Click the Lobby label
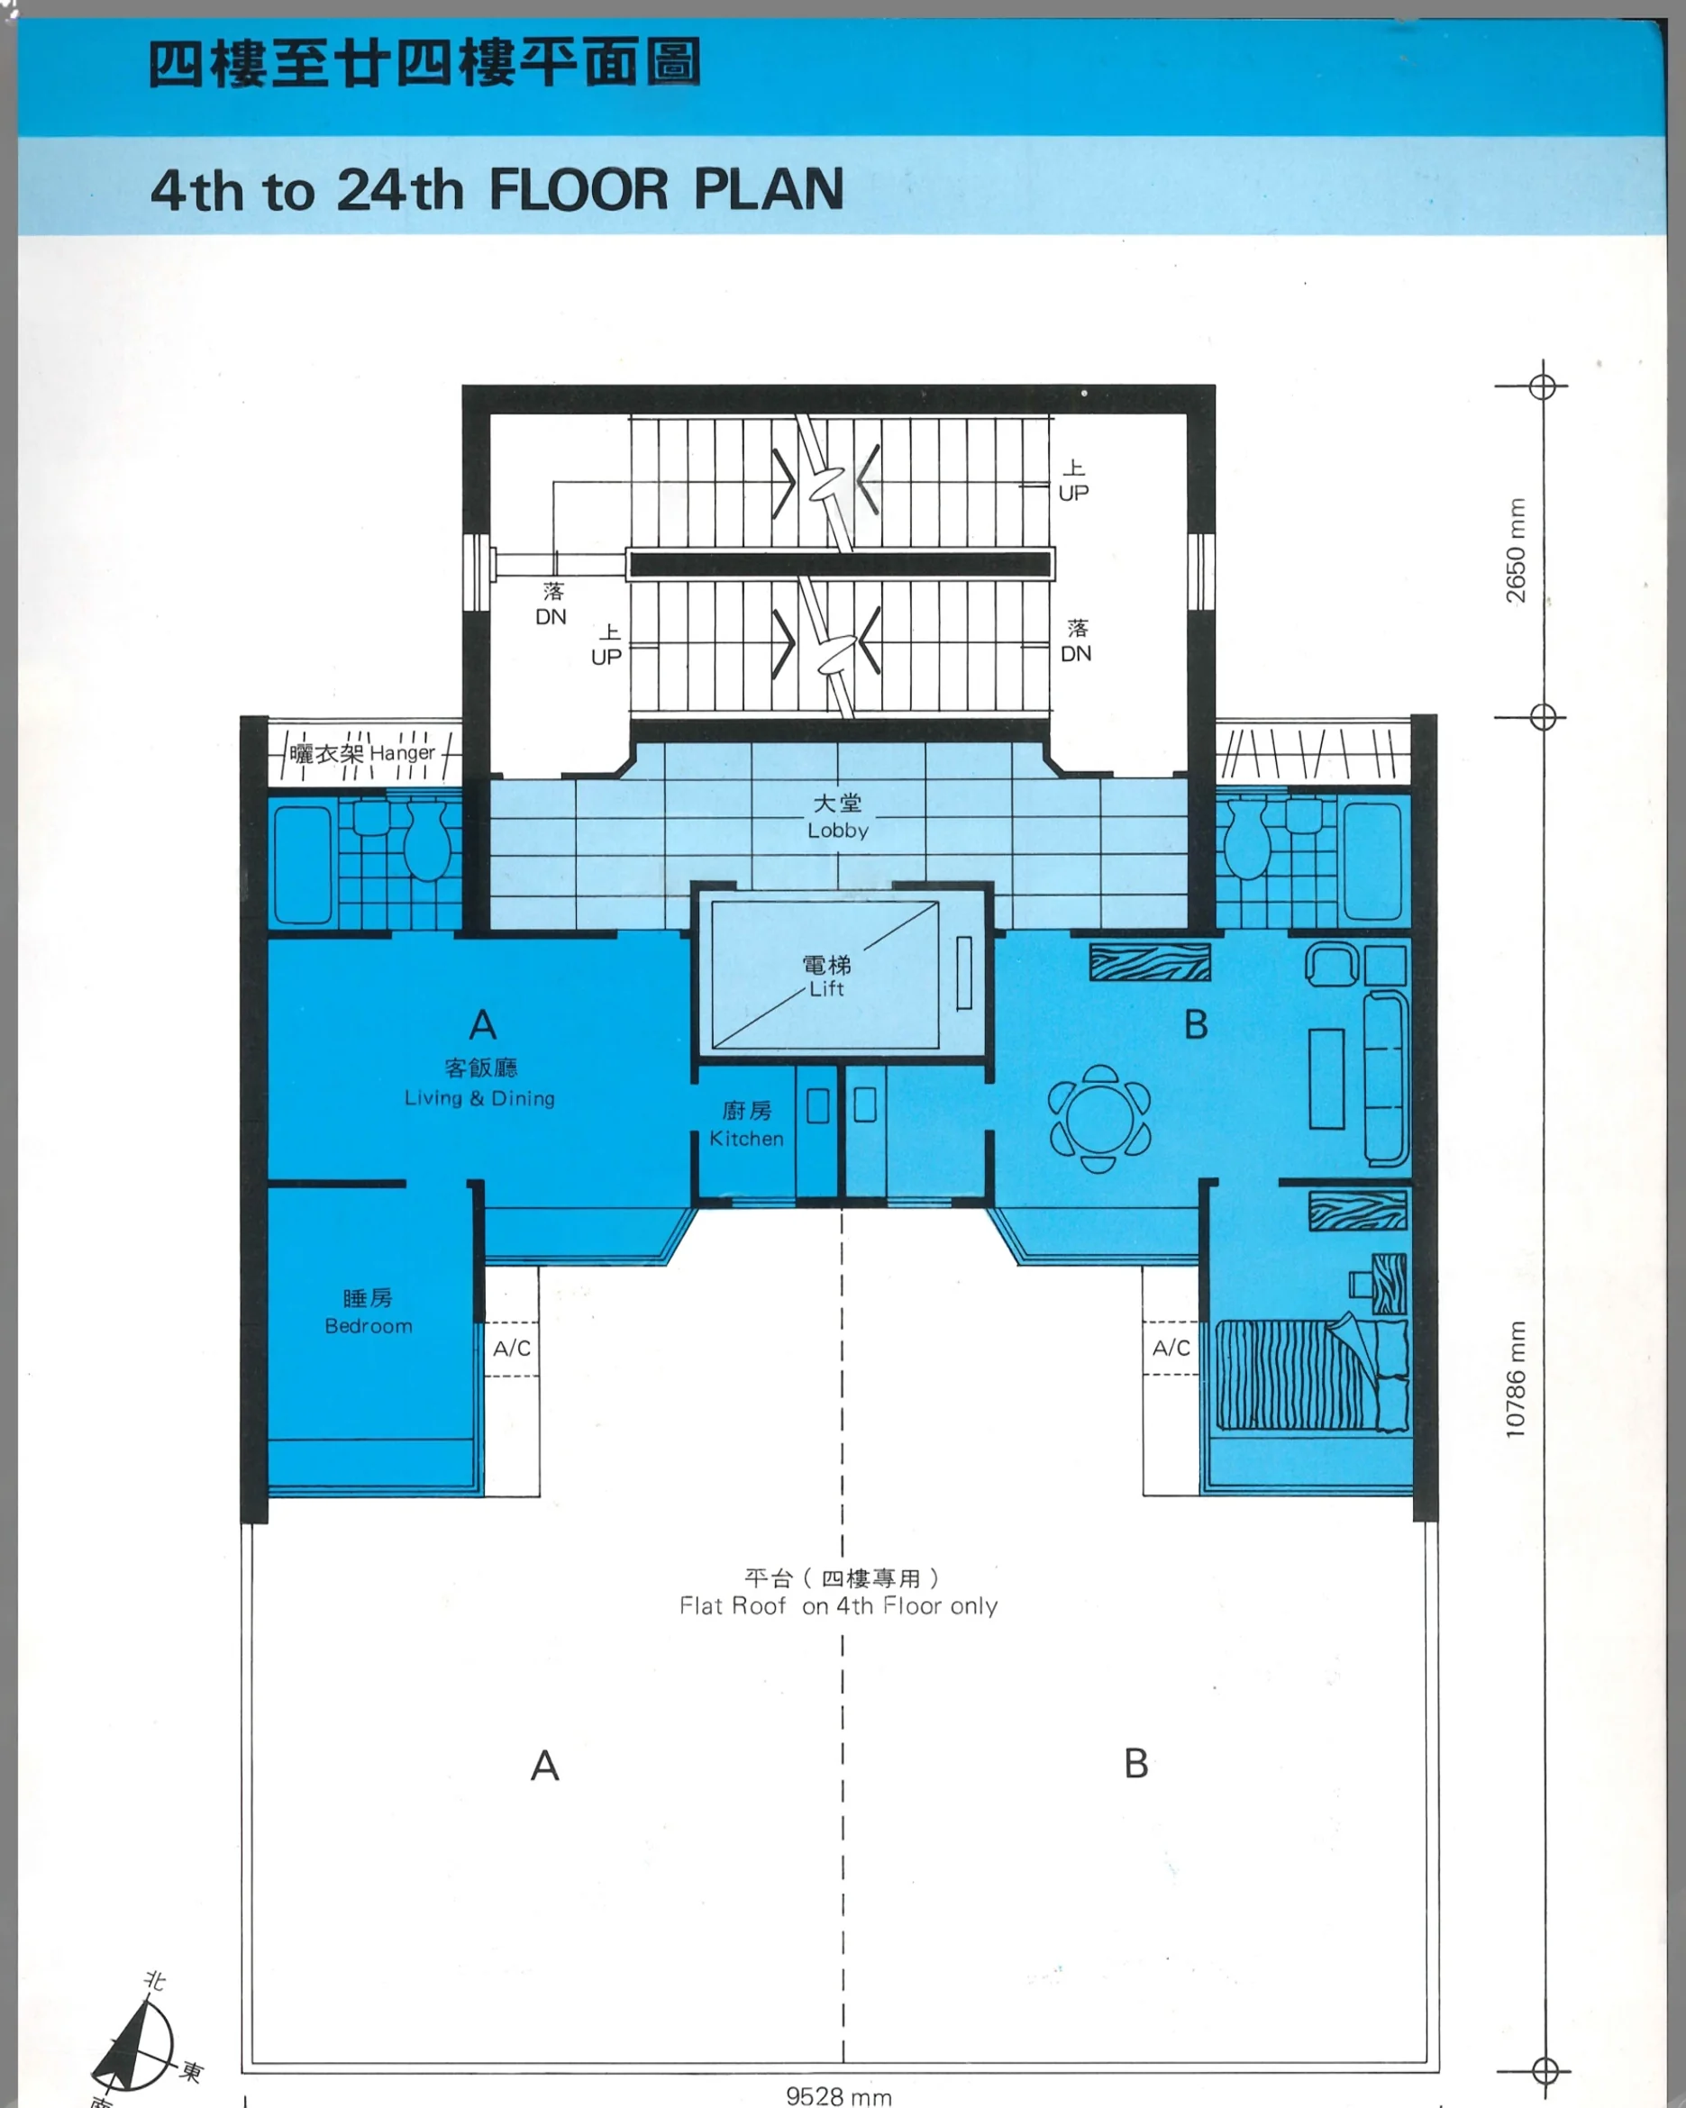[x=838, y=830]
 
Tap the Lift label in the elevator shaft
[x=826, y=988]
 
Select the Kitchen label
[x=746, y=1138]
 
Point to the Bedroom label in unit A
[x=369, y=1326]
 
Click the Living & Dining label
[x=479, y=1098]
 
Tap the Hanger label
[x=402, y=753]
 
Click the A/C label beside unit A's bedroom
[x=512, y=1349]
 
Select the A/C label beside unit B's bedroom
[x=1171, y=1348]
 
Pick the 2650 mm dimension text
[x=1515, y=550]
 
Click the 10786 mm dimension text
[x=1515, y=1378]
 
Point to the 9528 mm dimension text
[x=839, y=2096]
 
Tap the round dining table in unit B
[x=1099, y=1119]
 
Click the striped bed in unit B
[x=1311, y=1374]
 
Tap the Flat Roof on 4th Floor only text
[x=838, y=1605]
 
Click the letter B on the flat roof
[x=1135, y=1764]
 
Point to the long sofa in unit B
[x=1386, y=1077]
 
